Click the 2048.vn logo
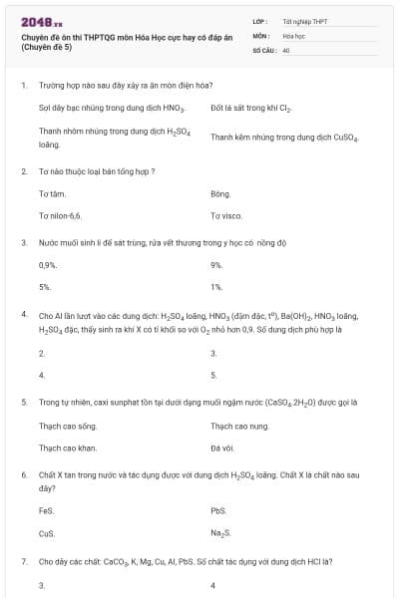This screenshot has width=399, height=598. coord(41,20)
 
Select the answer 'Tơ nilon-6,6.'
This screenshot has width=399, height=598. coord(60,215)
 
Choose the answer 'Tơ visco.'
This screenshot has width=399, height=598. coord(226,215)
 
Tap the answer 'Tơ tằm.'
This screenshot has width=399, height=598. coord(52,193)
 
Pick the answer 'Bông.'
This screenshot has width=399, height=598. coord(220,193)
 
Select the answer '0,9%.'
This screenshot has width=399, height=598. coord(48,265)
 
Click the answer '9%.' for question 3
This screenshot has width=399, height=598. coord(216,265)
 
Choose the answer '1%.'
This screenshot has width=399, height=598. coord(216,287)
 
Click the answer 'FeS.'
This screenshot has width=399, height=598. coord(46,510)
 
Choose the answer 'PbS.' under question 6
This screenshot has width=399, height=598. coord(219,510)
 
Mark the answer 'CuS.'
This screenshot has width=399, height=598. coord(46,533)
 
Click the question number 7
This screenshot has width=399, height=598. coord(24,561)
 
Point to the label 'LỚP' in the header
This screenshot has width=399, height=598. coord(260,21)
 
